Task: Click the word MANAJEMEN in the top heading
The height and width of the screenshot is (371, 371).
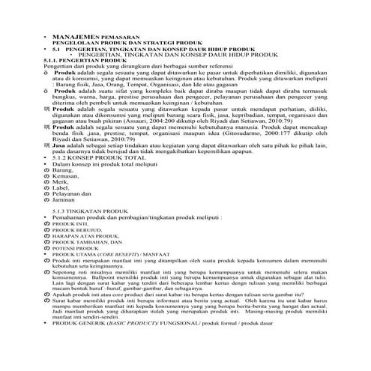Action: (x=75, y=37)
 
